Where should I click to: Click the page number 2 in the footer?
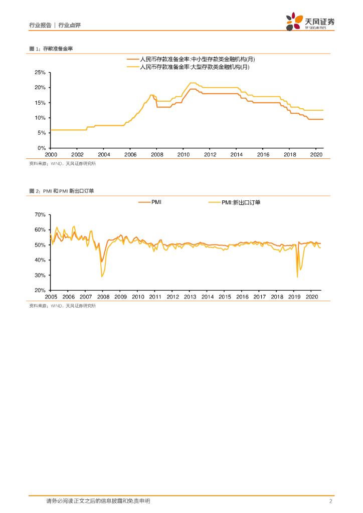(330, 501)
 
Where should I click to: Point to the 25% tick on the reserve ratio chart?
(40, 73)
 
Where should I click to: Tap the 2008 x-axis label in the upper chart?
(156, 155)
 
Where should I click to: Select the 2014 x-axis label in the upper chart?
(237, 155)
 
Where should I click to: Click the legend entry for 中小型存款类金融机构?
(195, 59)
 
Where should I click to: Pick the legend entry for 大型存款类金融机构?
(195, 66)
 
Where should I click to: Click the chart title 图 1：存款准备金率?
(52, 49)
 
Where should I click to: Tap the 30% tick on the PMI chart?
(40, 275)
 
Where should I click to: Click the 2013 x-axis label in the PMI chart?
(190, 297)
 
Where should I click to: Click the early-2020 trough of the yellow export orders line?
(297, 277)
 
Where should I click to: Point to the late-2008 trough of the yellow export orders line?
(102, 277)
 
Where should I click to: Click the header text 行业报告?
(41, 25)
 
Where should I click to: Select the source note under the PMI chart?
(62, 306)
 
